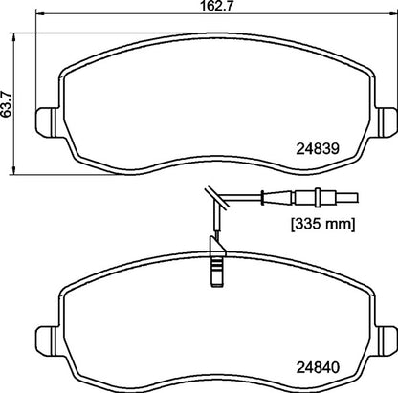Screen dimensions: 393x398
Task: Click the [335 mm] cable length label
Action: (322, 224)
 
